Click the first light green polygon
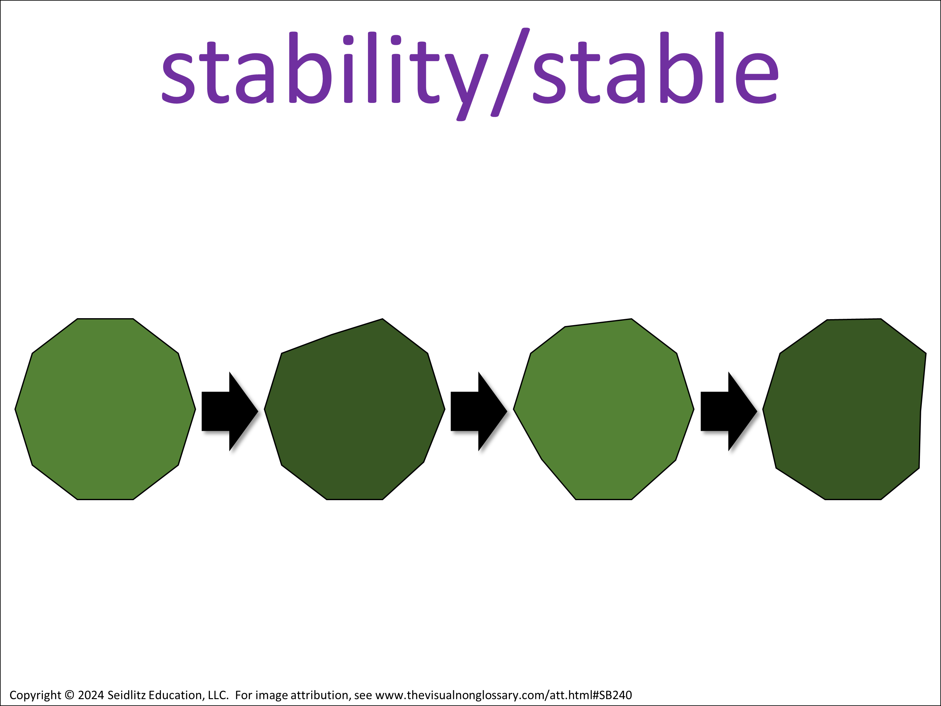click(x=105, y=409)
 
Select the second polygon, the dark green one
click(x=354, y=409)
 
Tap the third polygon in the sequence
click(x=604, y=409)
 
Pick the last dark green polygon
click(x=844, y=409)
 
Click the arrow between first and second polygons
click(x=230, y=411)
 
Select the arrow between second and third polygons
click(x=479, y=411)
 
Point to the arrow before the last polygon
click(x=729, y=411)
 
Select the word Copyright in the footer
click(x=35, y=695)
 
